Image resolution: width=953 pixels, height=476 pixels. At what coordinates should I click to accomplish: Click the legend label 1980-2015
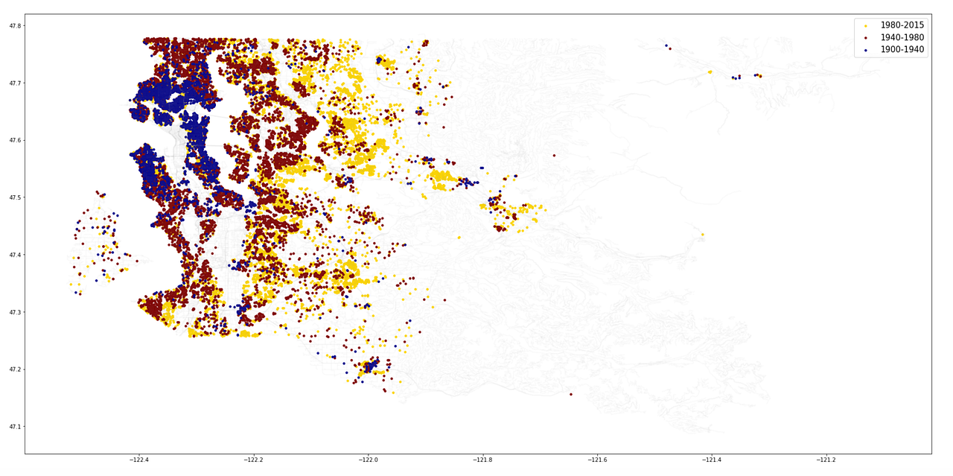[x=902, y=25]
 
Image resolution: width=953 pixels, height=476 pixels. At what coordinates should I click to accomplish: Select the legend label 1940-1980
[x=902, y=37]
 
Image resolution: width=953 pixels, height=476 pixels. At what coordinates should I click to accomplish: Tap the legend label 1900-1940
[x=902, y=50]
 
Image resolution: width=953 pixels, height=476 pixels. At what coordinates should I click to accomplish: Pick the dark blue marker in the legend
[x=866, y=51]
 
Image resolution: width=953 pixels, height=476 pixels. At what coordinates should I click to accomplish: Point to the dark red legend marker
[x=866, y=38]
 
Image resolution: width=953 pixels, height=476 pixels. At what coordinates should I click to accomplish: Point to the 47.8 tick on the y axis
[x=16, y=26]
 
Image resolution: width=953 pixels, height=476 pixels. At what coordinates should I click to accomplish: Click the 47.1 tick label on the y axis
[x=16, y=427]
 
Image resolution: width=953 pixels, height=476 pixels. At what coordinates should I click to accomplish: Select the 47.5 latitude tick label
[x=16, y=197]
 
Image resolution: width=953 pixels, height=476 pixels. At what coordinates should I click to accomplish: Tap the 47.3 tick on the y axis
[x=16, y=312]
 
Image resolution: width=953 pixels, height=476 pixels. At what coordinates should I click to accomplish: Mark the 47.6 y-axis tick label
[x=16, y=140]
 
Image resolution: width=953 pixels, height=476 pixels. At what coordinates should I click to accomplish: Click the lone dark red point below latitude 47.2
[x=571, y=394]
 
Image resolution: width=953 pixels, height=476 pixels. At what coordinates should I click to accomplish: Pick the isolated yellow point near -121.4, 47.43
[x=702, y=235]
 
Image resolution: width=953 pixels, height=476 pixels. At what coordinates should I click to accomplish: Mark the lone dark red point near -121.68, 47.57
[x=554, y=156]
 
